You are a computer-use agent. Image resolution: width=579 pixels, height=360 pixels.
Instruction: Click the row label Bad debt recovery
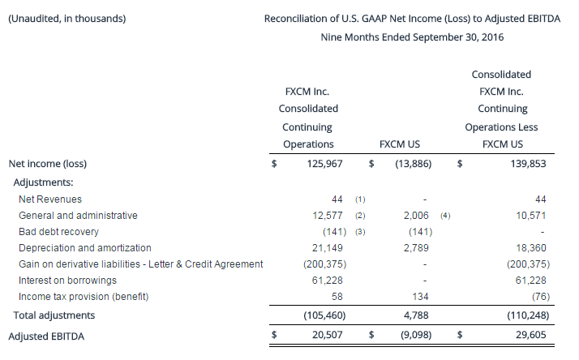click(x=58, y=232)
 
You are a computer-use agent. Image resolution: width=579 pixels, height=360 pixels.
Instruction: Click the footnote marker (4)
click(x=444, y=216)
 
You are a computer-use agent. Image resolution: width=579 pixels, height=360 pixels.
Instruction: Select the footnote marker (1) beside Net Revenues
click(x=361, y=199)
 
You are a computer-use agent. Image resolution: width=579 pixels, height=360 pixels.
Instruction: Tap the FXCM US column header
click(x=399, y=144)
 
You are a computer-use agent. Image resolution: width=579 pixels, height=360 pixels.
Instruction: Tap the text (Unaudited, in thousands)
click(x=66, y=18)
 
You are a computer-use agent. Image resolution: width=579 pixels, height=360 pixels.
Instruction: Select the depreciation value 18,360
click(x=533, y=248)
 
